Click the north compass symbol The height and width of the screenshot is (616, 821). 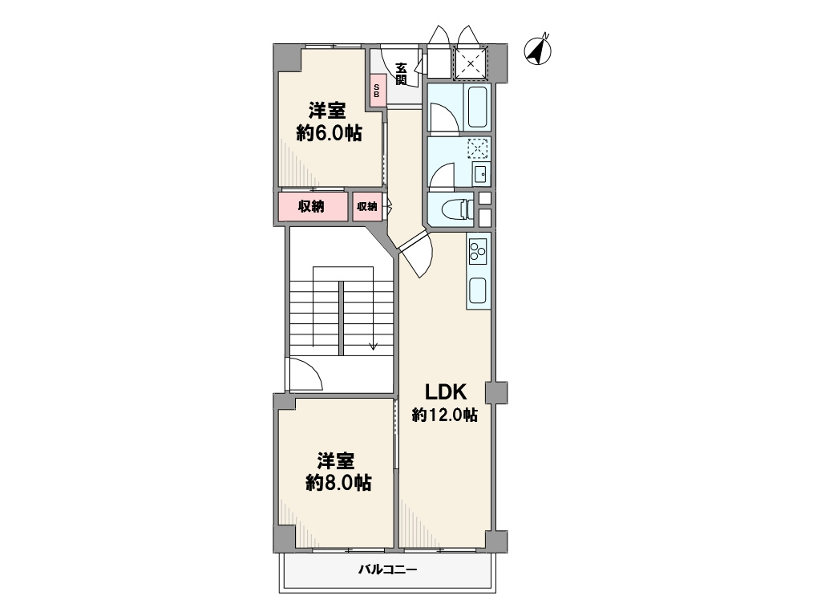(538, 51)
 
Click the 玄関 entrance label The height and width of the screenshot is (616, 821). (401, 74)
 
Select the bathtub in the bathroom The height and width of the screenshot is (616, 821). (477, 107)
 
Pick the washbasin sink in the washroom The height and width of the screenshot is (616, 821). (480, 174)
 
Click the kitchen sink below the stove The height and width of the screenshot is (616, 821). (478, 290)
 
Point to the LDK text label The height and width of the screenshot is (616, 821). (445, 391)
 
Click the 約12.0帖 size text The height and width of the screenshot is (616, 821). (444, 415)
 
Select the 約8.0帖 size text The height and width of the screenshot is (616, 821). (339, 482)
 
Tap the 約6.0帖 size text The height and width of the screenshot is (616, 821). (329, 133)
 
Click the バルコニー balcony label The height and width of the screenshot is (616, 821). (388, 569)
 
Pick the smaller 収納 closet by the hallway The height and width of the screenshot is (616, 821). (367, 206)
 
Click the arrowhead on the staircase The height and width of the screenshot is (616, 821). (373, 346)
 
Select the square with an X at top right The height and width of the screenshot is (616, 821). (470, 64)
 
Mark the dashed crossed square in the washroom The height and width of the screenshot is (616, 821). (477, 148)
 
